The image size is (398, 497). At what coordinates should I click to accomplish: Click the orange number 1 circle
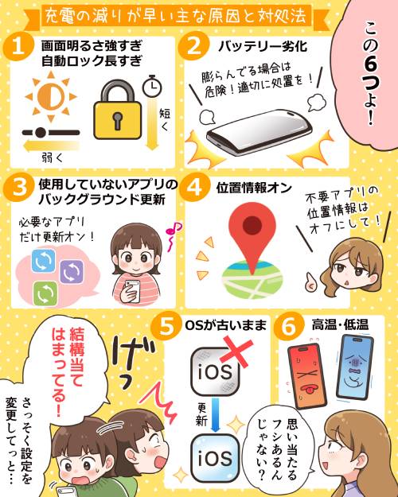tap(18, 49)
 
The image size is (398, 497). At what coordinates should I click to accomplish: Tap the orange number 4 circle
tap(194, 187)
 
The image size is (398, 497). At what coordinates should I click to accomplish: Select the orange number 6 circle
tap(289, 325)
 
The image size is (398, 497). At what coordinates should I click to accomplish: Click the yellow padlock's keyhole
tap(117, 120)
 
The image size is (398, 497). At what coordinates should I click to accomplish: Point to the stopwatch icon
tap(151, 86)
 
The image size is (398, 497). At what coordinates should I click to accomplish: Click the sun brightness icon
tap(51, 96)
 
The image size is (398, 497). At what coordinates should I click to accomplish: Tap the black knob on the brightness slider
tap(41, 133)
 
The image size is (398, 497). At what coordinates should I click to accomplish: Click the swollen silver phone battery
tap(258, 132)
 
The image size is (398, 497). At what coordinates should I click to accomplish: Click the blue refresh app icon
tap(44, 261)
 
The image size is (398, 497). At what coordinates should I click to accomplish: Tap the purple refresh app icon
tap(72, 272)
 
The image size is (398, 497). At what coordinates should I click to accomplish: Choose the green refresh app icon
tap(45, 293)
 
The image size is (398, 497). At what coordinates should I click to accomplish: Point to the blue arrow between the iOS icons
tap(216, 414)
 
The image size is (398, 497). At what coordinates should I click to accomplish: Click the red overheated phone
tap(307, 376)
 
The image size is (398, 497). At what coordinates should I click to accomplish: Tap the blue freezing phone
tap(355, 367)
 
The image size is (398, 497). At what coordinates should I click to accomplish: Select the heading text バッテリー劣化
tap(263, 47)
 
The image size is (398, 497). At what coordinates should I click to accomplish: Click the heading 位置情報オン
tap(254, 188)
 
